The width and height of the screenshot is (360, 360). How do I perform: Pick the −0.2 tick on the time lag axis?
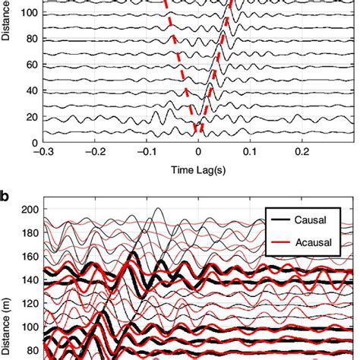(x=94, y=152)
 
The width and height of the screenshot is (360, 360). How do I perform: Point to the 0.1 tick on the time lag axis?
(x=250, y=152)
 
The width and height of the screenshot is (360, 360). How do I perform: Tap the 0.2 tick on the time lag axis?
(x=302, y=152)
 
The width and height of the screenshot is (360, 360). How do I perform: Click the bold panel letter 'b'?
(x=6, y=195)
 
